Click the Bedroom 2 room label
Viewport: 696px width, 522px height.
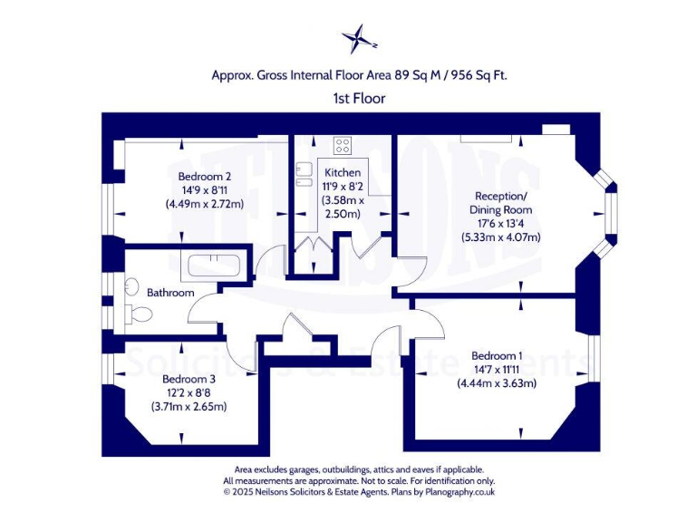[205, 176]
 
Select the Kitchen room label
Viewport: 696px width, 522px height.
[343, 172]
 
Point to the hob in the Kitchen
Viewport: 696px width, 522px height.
[343, 145]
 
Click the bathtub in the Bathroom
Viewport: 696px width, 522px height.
[211, 267]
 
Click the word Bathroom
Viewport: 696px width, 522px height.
[171, 293]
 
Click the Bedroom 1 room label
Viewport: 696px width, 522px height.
[497, 355]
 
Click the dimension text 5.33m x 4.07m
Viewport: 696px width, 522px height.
[501, 237]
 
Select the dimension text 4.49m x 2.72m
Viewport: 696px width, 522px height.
[205, 204]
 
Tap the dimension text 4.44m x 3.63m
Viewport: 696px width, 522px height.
[497, 383]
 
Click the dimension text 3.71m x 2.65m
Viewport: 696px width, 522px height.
[188, 407]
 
